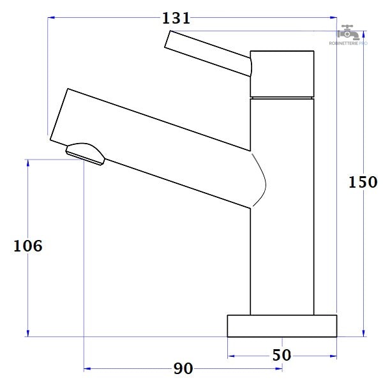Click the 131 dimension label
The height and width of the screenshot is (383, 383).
(x=176, y=19)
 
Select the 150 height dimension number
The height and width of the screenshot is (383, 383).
(x=363, y=182)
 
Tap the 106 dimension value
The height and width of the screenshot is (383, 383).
(x=28, y=246)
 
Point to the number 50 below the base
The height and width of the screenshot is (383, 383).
(x=282, y=355)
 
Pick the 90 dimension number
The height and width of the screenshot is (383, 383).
(x=183, y=368)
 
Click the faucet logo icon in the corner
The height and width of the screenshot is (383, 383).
(x=348, y=33)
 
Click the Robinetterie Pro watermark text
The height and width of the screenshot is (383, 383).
(x=348, y=43)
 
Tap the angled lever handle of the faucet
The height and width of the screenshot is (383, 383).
(x=208, y=53)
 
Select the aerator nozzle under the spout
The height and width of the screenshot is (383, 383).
(x=85, y=154)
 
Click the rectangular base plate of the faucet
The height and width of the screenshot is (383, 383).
(x=282, y=326)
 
